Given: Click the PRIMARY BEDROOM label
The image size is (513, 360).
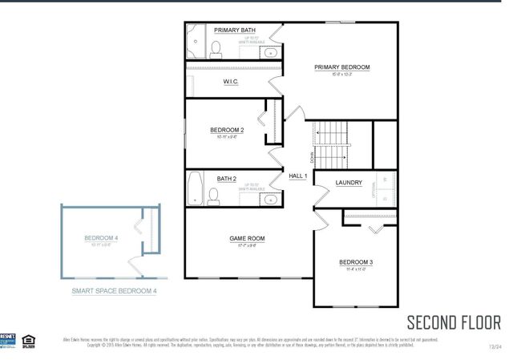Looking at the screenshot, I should (342, 67).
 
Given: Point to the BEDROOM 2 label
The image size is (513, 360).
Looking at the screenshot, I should (227, 130).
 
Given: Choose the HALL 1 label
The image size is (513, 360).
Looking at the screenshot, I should (299, 176).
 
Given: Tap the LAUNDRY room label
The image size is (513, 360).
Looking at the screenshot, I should (349, 183).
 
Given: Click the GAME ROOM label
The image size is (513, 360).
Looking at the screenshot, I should (248, 238).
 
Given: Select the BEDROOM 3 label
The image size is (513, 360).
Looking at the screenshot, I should (356, 262).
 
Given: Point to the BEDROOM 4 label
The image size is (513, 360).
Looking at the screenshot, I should (101, 238).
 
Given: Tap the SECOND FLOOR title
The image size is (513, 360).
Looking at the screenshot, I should (454, 322).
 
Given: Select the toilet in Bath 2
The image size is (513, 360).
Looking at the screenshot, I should (214, 194).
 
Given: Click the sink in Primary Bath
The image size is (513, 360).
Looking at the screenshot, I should (271, 53).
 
